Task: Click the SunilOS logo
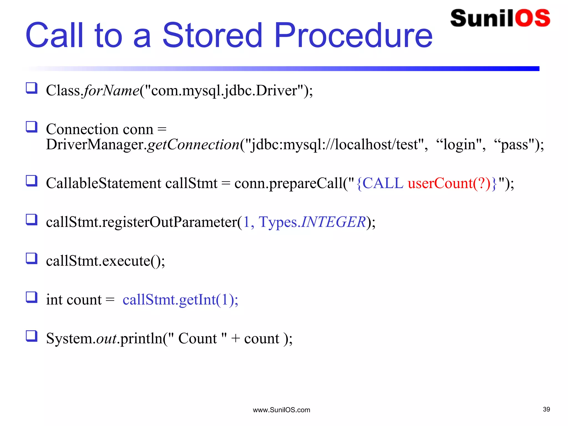pos(500,18)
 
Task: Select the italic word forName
pos(111,91)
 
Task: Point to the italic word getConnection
pos(193,145)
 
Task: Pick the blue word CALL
pos(383,183)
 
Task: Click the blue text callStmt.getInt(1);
pos(180,300)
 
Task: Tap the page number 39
pos(546,409)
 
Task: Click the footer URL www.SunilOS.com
pos(281,410)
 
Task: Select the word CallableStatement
pos(103,183)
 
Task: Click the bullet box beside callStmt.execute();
pos(32,258)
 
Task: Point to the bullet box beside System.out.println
pos(32,336)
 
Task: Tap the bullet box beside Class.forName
pos(32,88)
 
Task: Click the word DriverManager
pos(94,145)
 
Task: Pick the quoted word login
pos(459,145)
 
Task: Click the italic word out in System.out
pos(106,339)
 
